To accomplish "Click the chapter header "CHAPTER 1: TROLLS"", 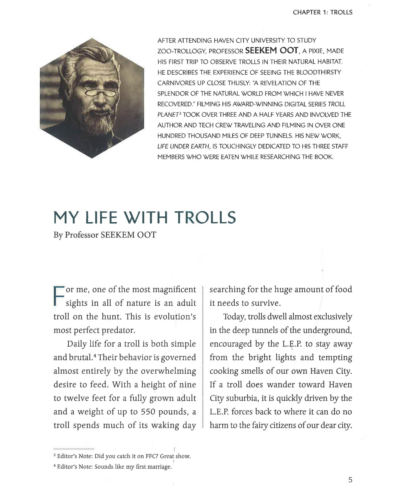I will click(323, 12).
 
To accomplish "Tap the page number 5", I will click(350, 480).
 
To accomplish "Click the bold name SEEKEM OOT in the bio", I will click(271, 50).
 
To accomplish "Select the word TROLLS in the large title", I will click(205, 217).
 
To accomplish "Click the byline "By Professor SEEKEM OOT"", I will click(105, 235).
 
